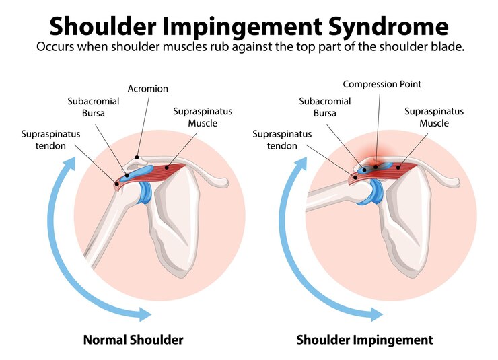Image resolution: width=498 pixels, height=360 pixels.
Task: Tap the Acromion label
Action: pyautogui.click(x=147, y=89)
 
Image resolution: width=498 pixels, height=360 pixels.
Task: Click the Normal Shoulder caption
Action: pyautogui.click(x=133, y=340)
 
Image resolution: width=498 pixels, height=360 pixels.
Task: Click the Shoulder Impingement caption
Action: pyautogui.click(x=364, y=340)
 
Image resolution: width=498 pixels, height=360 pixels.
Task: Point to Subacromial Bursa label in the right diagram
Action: pyautogui.click(x=320, y=107)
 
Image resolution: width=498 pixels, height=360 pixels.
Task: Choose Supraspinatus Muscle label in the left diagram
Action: pyautogui.click(x=202, y=117)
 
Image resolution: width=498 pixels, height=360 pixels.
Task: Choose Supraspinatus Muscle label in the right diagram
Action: pyautogui.click(x=433, y=117)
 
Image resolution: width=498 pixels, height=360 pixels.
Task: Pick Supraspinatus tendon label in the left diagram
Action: pyautogui.click(x=50, y=140)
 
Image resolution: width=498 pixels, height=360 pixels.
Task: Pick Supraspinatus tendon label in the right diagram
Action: pyautogui.click(x=282, y=140)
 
